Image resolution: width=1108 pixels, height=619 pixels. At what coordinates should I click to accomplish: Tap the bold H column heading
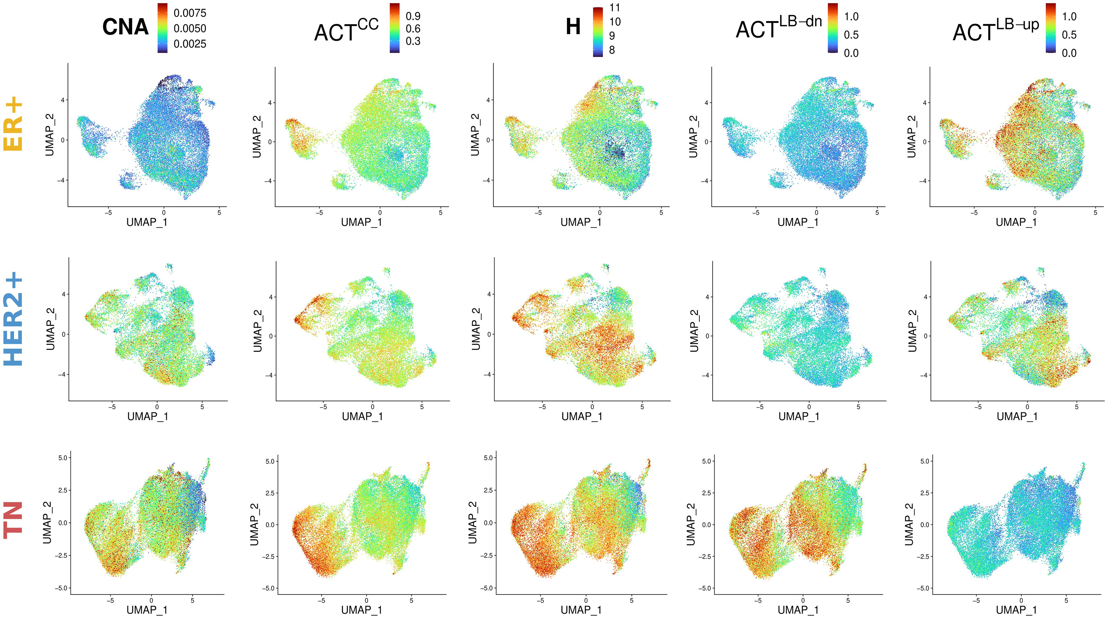(573, 27)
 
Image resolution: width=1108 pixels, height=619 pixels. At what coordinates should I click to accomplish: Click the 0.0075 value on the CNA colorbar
(190, 13)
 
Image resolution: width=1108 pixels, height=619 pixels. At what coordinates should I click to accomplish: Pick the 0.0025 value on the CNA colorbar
(190, 44)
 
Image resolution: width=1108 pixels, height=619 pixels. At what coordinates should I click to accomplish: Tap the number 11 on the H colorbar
(615, 8)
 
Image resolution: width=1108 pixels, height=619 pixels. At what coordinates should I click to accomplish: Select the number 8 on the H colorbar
(612, 50)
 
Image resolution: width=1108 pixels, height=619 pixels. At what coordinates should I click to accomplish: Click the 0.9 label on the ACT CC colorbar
(413, 16)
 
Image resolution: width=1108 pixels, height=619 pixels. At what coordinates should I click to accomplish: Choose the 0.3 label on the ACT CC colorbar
(413, 41)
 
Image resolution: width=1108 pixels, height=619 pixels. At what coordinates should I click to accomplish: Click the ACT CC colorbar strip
(395, 28)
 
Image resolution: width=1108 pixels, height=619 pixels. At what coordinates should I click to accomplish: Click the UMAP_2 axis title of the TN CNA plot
(47, 522)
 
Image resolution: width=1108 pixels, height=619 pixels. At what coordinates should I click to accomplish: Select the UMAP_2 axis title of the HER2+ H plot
(475, 329)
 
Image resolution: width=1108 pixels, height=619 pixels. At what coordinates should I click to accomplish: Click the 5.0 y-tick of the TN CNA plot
(63, 458)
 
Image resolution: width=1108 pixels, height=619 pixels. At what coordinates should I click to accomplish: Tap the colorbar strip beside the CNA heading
(163, 28)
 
